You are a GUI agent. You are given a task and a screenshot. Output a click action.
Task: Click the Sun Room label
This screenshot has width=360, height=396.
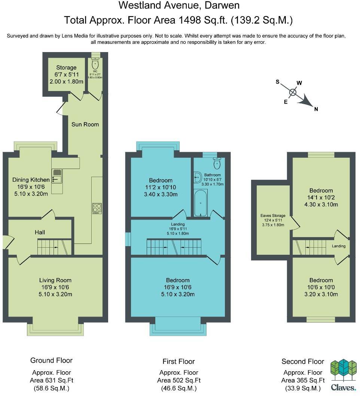tap(85, 124)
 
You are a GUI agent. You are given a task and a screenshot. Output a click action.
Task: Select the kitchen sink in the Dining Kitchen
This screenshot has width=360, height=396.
tap(57, 175)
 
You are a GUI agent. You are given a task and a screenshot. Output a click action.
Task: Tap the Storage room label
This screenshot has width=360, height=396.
tap(66, 67)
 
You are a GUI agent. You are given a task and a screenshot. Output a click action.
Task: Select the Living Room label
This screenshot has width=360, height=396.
tap(55, 280)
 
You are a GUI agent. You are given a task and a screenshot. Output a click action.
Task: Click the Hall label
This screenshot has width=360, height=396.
tap(40, 232)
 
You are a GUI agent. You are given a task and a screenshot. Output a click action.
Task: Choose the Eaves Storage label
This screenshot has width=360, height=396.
tap(273, 215)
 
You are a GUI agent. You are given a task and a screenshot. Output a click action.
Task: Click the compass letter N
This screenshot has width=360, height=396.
tap(316, 109)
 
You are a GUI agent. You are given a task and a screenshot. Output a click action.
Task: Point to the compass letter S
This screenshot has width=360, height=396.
tap(278, 82)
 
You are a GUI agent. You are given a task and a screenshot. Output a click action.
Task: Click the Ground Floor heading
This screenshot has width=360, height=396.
tap(51, 360)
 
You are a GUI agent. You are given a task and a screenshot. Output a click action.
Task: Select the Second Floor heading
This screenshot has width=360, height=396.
tap(303, 362)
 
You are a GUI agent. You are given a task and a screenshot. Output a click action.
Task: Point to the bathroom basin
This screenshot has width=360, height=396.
tap(198, 178)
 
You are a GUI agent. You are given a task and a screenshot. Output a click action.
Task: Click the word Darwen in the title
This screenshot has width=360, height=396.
tap(222, 6)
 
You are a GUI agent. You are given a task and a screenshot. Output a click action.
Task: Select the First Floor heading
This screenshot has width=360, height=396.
tap(179, 362)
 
